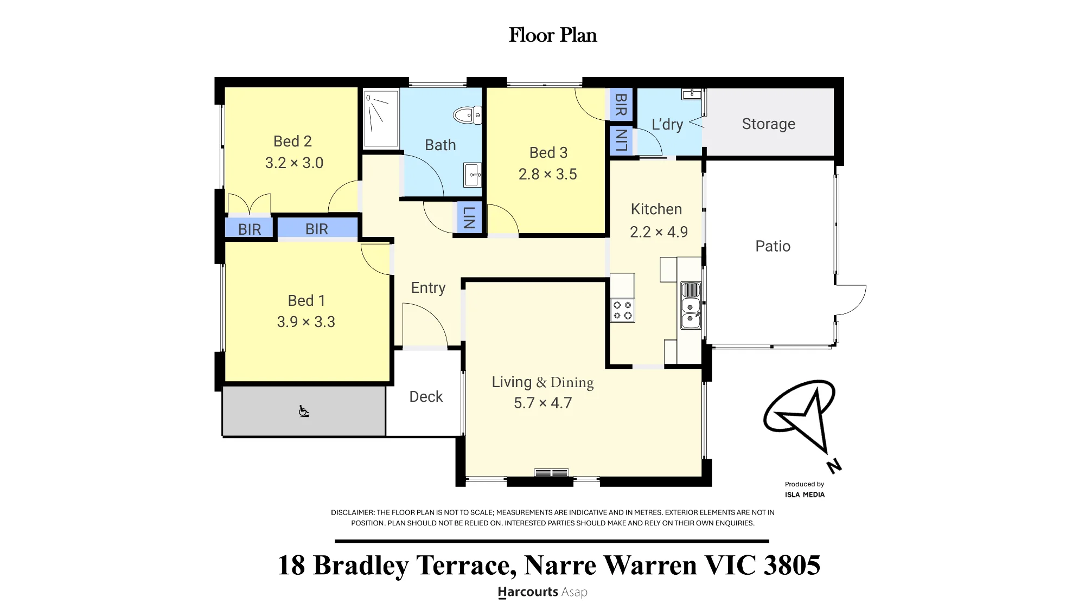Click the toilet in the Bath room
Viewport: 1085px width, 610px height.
point(467,115)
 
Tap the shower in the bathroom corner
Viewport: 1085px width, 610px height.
point(381,118)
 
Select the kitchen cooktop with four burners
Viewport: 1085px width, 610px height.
point(622,310)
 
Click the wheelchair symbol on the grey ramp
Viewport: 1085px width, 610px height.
point(304,412)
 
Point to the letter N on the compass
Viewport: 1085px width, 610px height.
point(834,466)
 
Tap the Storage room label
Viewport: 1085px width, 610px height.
point(769,124)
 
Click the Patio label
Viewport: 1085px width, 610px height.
point(773,246)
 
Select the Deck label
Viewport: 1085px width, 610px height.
point(426,397)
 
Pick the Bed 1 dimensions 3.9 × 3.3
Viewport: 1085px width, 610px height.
point(306,322)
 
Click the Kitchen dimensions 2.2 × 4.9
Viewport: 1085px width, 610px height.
point(659,232)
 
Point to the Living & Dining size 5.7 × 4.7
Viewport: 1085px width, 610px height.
point(542,403)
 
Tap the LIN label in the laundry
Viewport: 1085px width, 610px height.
point(621,140)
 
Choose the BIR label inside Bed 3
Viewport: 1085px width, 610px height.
point(621,105)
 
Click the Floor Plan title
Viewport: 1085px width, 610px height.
point(553,35)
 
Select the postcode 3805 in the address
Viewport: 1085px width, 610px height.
point(792,565)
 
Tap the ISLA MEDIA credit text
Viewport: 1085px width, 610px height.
point(805,495)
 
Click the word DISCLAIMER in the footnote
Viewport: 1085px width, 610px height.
point(353,512)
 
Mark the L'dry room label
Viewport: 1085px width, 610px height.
point(667,124)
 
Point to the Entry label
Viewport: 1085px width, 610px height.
point(428,288)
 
